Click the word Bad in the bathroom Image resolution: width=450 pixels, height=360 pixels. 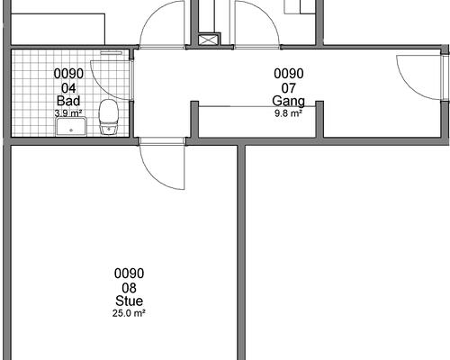coord(68,101)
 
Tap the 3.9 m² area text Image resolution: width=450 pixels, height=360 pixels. coord(68,113)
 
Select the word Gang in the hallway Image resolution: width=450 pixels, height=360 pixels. coord(288,102)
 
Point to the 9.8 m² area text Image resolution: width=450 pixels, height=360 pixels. coord(288,113)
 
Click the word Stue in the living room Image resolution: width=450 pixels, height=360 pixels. coord(129,301)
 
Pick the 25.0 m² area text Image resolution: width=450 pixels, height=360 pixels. coord(129,313)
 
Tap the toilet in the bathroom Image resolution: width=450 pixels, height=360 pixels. coord(109,117)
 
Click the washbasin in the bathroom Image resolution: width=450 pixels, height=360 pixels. coord(71,127)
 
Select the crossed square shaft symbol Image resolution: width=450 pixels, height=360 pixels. coord(209,40)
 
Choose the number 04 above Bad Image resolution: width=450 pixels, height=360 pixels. coord(68,88)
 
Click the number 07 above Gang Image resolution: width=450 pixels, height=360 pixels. coord(289,88)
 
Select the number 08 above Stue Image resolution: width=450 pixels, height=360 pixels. coord(130,288)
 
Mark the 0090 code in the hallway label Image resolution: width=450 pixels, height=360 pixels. coord(289,74)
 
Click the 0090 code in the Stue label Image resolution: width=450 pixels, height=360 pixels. coord(129,274)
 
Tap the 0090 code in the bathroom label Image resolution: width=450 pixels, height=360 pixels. coord(68,74)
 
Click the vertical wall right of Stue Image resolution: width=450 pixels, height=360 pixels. coord(241,253)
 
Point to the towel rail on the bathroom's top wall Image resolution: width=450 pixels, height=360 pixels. coord(112,53)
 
